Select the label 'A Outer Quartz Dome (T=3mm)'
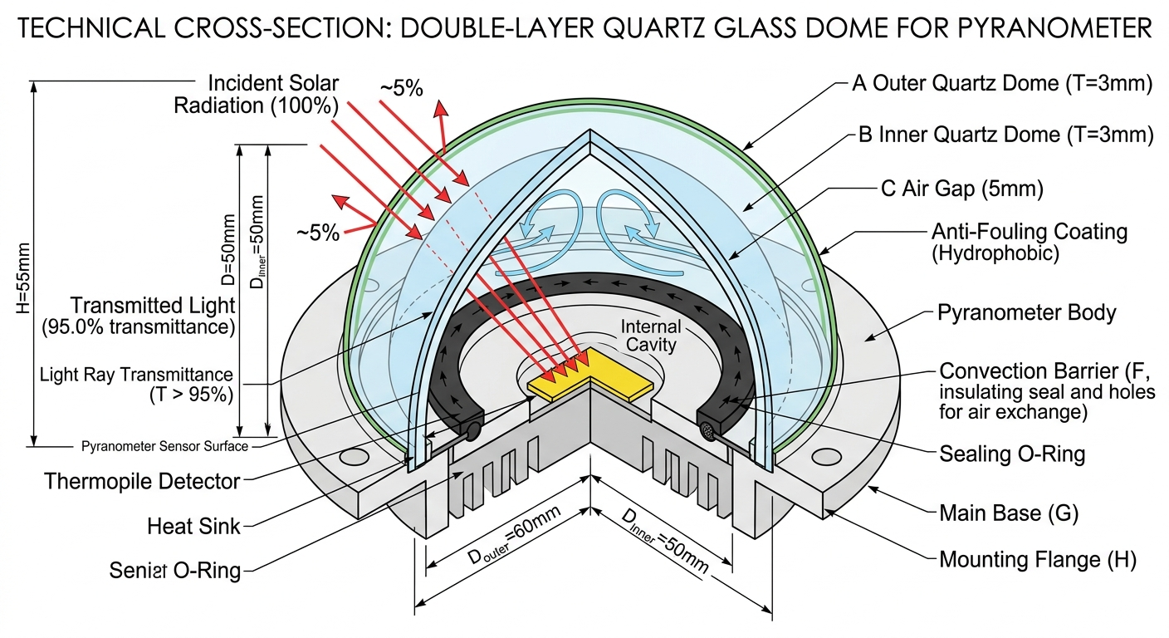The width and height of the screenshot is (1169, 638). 1002,84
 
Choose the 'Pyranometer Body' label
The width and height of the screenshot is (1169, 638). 1026,313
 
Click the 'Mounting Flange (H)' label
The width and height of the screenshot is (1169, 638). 1037,561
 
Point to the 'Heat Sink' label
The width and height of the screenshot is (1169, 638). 193,525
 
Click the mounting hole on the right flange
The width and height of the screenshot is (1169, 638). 827,456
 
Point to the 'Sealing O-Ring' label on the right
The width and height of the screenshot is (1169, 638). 1012,454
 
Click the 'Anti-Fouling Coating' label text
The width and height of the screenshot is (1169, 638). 1030,231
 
